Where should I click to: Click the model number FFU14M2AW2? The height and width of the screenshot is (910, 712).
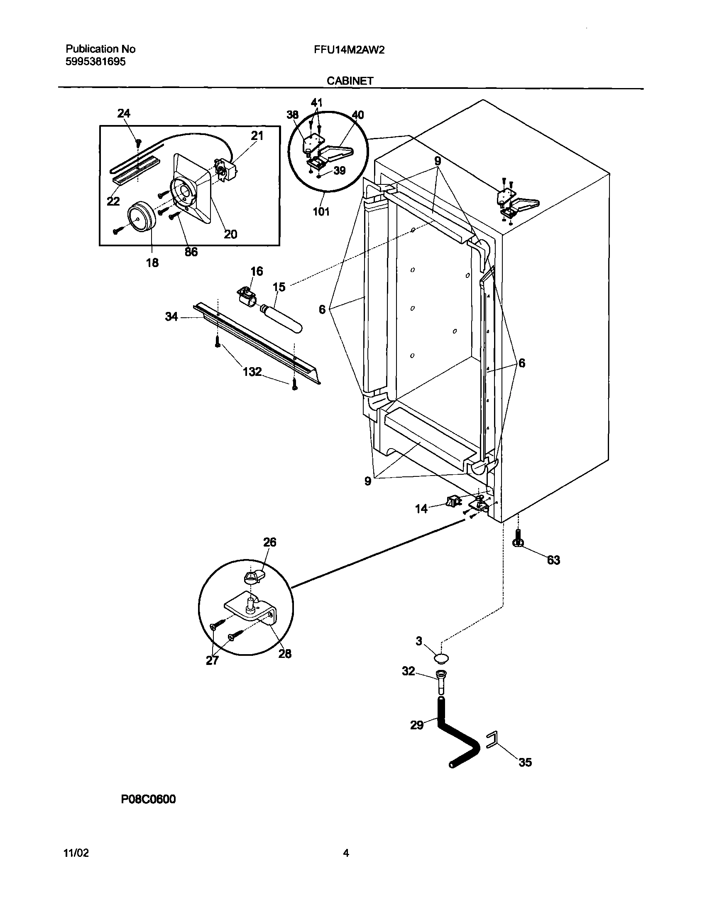click(x=349, y=50)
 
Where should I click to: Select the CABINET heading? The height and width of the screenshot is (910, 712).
click(x=350, y=81)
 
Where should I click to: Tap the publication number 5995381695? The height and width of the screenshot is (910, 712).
click(x=95, y=62)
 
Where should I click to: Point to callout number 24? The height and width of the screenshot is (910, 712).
click(x=123, y=113)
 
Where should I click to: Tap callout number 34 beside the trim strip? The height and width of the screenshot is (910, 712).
click(x=171, y=317)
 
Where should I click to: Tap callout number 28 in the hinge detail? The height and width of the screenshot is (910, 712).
click(x=285, y=653)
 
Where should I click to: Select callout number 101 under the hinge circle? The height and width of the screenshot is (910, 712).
click(x=321, y=212)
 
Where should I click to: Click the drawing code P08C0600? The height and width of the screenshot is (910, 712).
click(x=148, y=799)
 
